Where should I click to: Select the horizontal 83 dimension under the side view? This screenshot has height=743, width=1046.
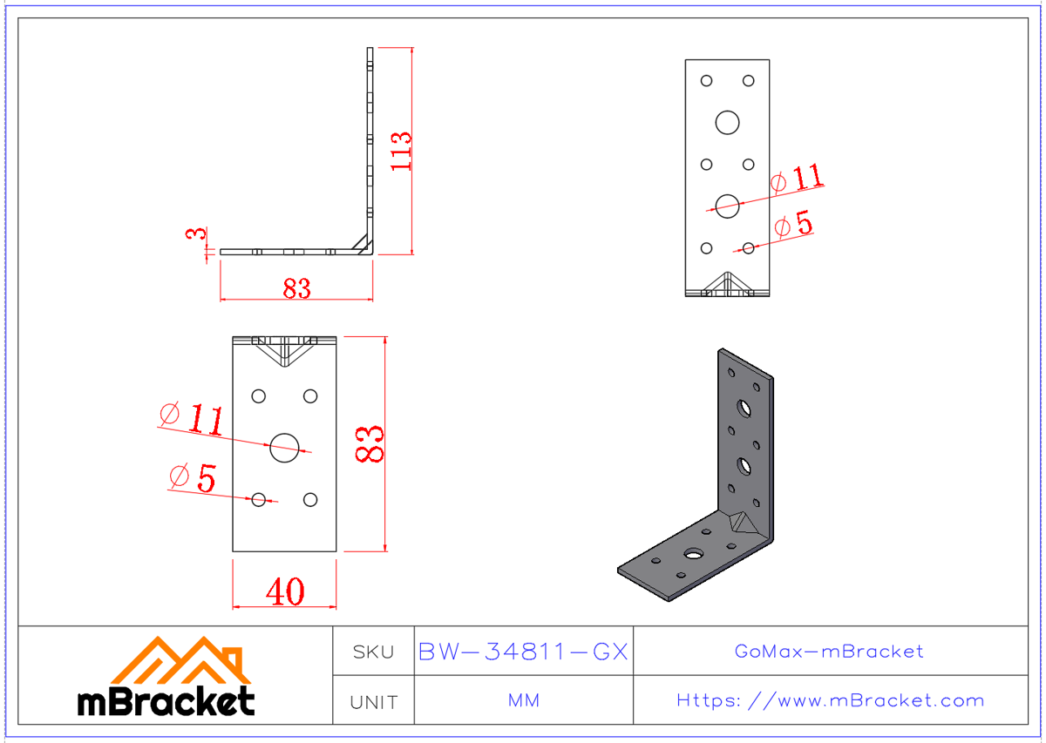point(296,288)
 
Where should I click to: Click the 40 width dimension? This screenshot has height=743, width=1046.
point(284,592)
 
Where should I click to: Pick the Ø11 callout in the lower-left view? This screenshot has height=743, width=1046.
point(192,420)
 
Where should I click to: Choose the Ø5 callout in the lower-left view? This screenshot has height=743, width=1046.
point(193,477)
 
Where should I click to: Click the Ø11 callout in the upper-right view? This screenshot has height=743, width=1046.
point(797,179)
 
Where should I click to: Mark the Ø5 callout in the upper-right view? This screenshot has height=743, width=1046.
point(793,225)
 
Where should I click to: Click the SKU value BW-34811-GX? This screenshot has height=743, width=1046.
point(523,652)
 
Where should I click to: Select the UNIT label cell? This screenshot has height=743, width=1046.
point(373,701)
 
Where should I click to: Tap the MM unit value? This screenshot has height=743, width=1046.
point(523,701)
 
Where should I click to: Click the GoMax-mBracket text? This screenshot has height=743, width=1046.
point(829,652)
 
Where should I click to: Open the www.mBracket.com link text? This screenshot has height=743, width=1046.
point(831,701)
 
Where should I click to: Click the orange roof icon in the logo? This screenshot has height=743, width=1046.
point(180,660)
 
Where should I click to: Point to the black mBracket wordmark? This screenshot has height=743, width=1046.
point(166,701)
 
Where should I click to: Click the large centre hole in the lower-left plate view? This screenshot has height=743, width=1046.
point(284,448)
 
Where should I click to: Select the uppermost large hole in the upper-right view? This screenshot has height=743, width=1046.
point(727,122)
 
